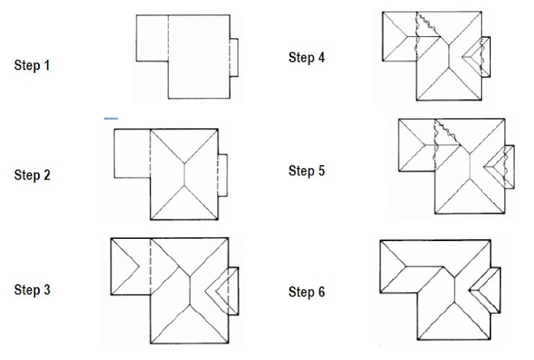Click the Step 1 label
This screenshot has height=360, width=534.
click(32, 65)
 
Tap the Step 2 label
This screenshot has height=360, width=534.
click(32, 175)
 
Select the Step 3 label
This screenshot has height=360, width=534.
click(32, 290)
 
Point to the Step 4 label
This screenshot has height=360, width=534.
click(307, 58)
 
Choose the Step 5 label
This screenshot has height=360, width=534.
click(307, 171)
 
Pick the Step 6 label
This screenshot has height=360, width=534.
click(307, 292)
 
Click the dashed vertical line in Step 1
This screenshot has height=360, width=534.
click(168, 40)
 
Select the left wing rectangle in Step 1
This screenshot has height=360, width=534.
click(152, 38)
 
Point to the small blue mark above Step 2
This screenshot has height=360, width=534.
click(110, 118)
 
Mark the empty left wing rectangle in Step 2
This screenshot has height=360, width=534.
click(131, 154)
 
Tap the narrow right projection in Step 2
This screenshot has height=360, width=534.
click(222, 175)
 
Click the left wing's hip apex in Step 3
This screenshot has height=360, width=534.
click(138, 265)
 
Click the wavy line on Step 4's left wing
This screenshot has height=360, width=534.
click(416, 43)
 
